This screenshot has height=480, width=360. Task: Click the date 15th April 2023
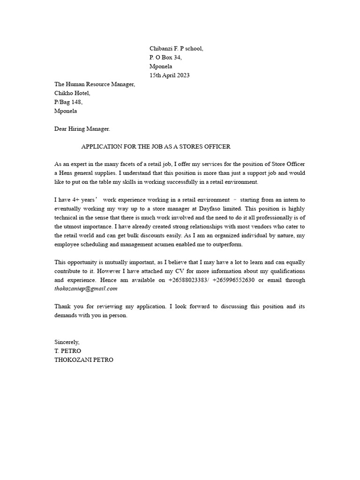tap(169, 75)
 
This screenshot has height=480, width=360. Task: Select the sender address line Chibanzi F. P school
tap(176, 49)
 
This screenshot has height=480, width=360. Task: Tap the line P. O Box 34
tap(165, 58)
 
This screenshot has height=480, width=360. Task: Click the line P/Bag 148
tap(68, 102)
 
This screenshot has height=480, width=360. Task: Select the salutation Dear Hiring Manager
tap(82, 129)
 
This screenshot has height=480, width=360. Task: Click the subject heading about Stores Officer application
tap(156, 147)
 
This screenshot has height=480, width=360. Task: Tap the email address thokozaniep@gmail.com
tap(86, 289)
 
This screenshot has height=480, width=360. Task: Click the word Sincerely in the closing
tap(67, 342)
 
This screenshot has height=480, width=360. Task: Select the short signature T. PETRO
tap(68, 351)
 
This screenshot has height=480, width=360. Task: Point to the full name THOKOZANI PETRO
tap(83, 360)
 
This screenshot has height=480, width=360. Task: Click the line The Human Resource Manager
tap(95, 84)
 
